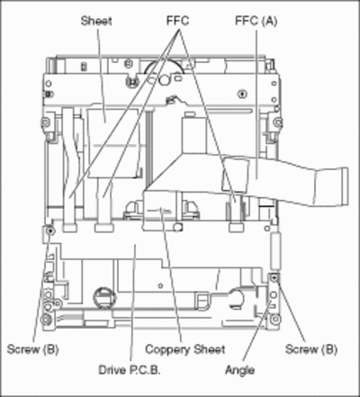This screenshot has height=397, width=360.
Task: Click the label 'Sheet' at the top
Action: point(96,21)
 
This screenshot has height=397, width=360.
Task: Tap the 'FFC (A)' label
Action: point(256,21)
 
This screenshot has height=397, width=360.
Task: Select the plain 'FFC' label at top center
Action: point(177,21)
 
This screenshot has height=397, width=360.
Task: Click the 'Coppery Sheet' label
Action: point(185,349)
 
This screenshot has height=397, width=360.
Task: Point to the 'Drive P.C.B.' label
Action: point(130,370)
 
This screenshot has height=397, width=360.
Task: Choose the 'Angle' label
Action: point(240,370)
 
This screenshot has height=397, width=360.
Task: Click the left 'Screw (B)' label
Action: point(32,349)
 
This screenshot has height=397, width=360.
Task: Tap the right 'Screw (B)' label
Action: point(311,349)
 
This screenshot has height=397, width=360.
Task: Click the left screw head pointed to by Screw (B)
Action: point(50,230)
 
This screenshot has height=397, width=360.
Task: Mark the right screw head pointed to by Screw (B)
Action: point(274,278)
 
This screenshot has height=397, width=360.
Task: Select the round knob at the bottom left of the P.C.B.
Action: point(104,297)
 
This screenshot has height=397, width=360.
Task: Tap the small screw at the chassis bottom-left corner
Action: point(46,320)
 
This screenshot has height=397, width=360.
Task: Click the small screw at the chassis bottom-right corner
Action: point(274,320)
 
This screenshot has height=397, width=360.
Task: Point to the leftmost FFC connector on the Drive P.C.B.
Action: point(70,228)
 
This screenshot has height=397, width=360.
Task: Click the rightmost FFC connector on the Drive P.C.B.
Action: point(236,228)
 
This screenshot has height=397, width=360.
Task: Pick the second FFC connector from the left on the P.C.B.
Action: point(103,228)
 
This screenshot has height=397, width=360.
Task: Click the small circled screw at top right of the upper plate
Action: point(242,94)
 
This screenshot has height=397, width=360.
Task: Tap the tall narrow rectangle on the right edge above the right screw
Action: point(275,251)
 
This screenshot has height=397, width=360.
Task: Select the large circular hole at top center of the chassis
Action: point(165,80)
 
